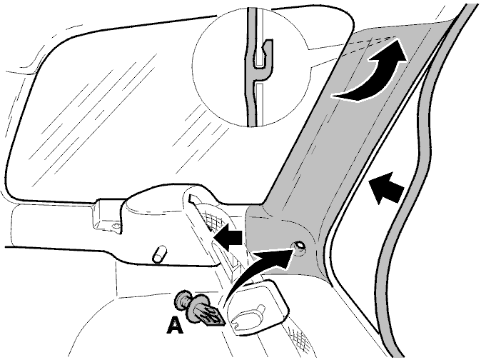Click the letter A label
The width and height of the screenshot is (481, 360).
tap(175, 325)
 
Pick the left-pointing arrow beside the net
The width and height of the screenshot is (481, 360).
tap(228, 237)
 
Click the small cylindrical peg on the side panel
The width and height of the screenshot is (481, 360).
tap(160, 254)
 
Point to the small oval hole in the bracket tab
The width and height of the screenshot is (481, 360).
tap(116, 226)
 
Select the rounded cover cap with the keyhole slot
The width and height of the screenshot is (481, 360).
tap(260, 307)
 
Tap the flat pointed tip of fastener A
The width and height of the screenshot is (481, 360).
tap(216, 316)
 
